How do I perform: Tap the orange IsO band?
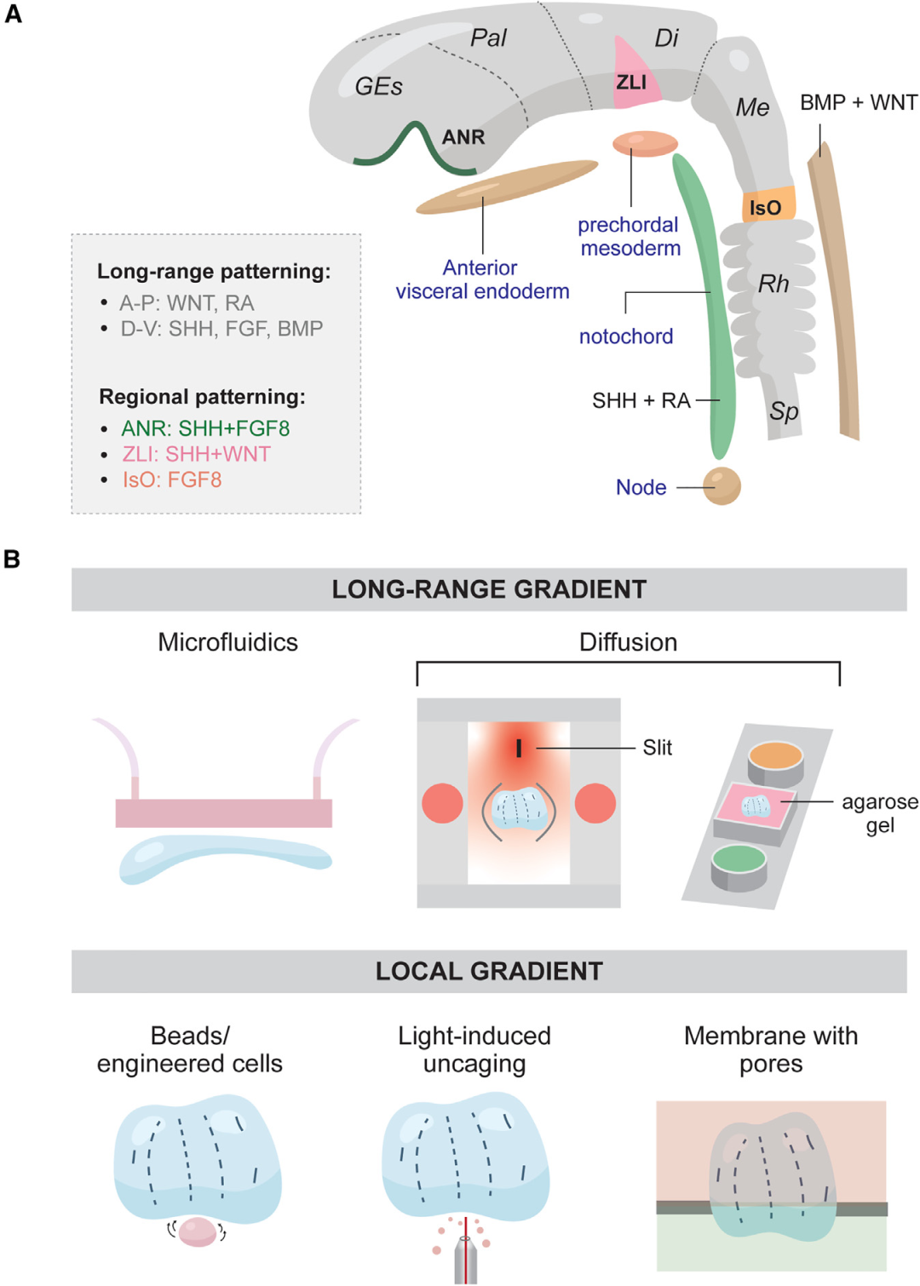[x=768, y=205]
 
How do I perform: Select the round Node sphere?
[x=722, y=486]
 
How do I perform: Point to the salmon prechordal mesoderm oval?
[x=645, y=144]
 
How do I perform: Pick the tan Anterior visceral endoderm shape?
[x=507, y=187]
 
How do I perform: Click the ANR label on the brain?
[x=463, y=137]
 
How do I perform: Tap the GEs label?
[x=378, y=86]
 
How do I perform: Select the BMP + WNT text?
[x=858, y=103]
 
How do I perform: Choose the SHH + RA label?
[x=641, y=400]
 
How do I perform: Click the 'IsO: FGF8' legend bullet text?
[x=172, y=479]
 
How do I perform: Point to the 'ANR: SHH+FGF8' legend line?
[x=205, y=428]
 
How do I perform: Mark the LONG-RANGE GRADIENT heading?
[x=489, y=589]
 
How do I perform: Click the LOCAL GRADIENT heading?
[x=489, y=971]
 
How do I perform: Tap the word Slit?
[x=657, y=748]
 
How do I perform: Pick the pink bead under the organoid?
[x=198, y=1231]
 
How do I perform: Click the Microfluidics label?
[x=227, y=642]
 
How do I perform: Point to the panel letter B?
[x=12, y=559]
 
